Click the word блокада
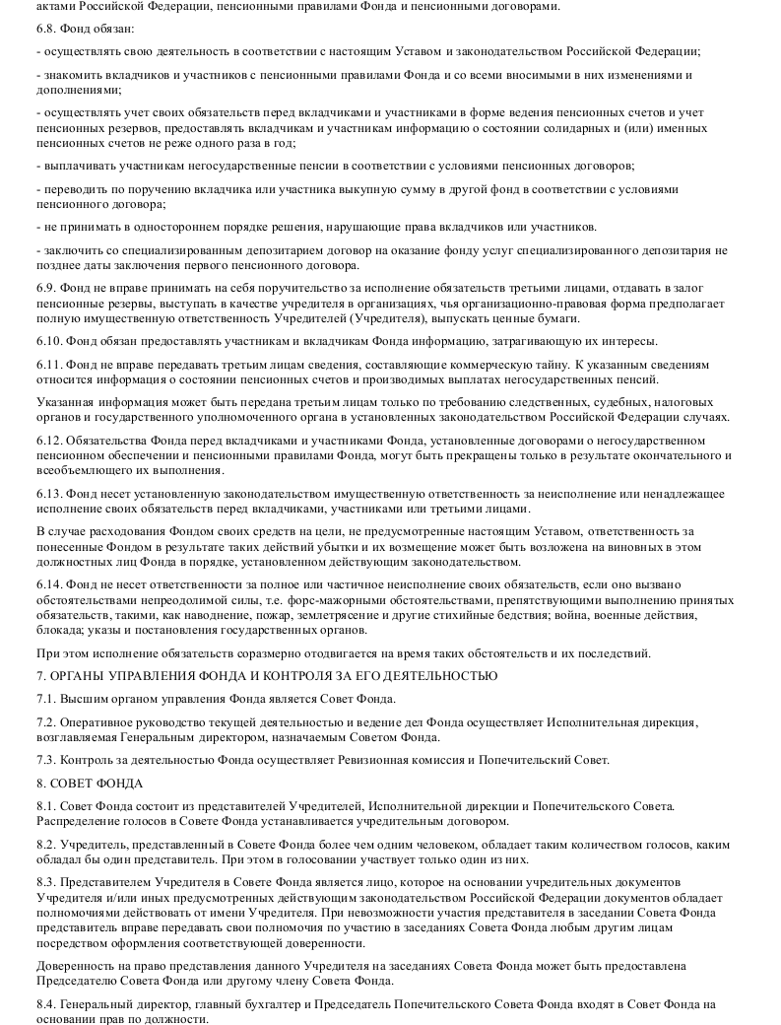point(59,630)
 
